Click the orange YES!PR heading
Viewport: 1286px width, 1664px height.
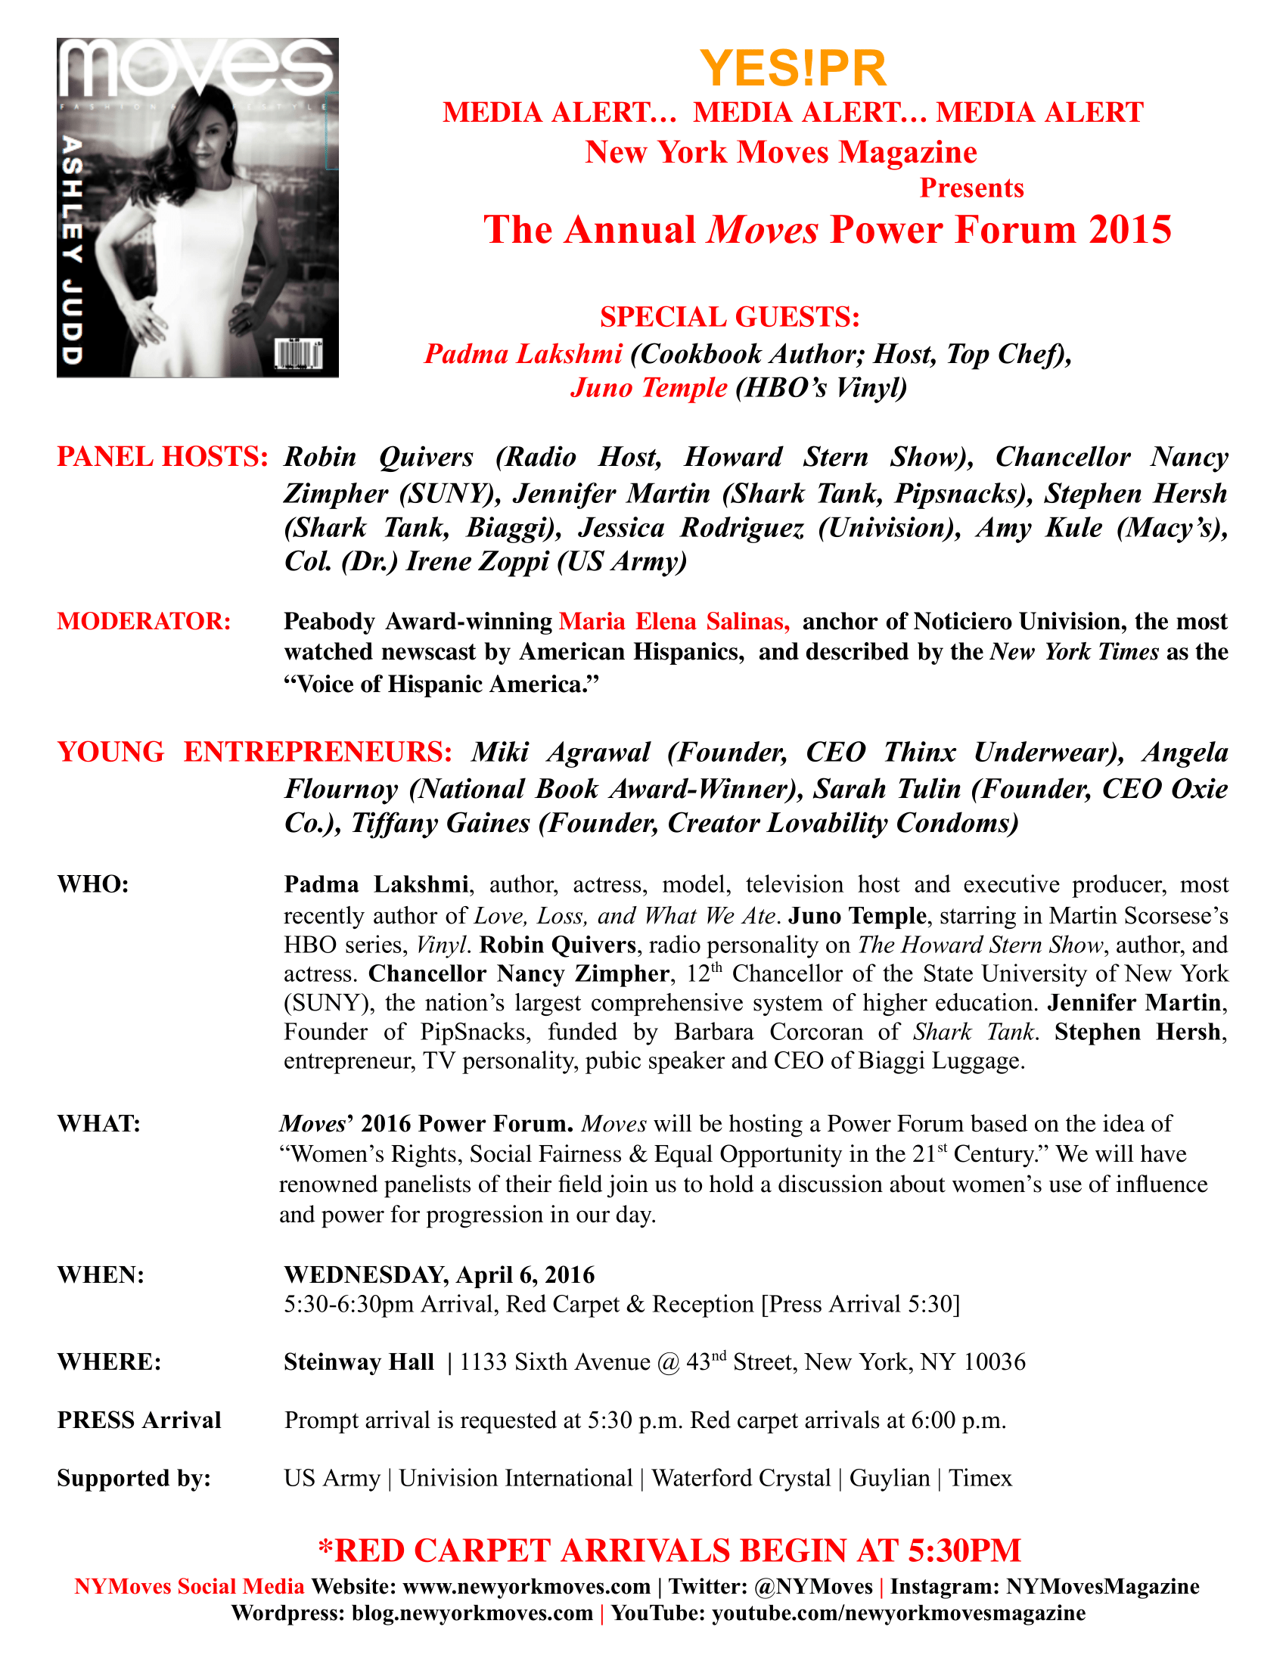[792, 69]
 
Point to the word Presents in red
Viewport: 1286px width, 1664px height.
[971, 188]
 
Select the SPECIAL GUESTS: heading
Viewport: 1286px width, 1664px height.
[729, 317]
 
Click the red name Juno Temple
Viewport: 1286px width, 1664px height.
[649, 388]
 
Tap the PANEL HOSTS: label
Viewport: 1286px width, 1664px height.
[163, 457]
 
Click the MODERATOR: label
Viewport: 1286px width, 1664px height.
[144, 621]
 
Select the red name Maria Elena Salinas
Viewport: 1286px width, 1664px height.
[674, 622]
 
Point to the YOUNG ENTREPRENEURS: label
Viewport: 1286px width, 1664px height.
[255, 752]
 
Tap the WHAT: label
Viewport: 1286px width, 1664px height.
[99, 1124]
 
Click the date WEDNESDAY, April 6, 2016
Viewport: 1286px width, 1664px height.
[439, 1274]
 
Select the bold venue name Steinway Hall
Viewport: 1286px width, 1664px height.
[359, 1362]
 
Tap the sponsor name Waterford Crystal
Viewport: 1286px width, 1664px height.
[741, 1478]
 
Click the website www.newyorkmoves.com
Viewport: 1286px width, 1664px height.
[526, 1586]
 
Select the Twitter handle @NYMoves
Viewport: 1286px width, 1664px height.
[813, 1586]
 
